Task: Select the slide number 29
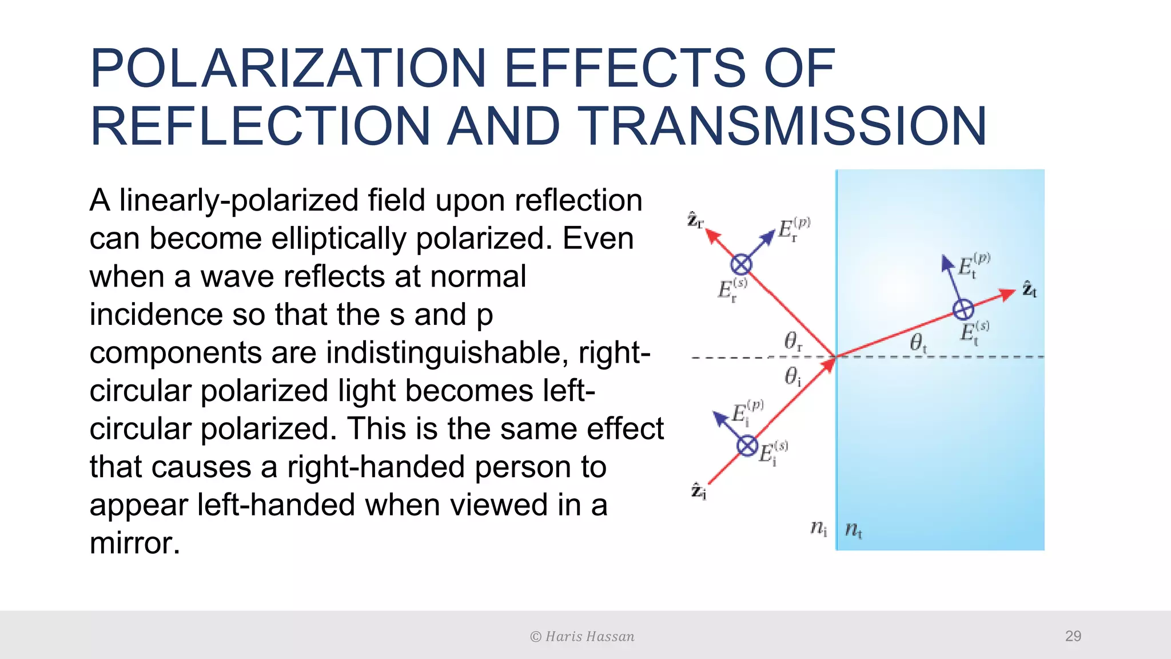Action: (x=1073, y=636)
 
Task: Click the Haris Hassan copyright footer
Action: (x=582, y=637)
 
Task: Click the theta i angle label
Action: (x=792, y=376)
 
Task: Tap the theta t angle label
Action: (x=918, y=343)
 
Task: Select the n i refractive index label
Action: (x=819, y=528)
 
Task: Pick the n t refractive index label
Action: (x=853, y=530)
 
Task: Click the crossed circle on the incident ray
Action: (x=747, y=446)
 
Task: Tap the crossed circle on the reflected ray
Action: (x=741, y=264)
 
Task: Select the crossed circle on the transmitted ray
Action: (x=963, y=309)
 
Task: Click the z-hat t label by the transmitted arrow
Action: (x=1029, y=289)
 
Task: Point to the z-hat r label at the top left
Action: (x=695, y=221)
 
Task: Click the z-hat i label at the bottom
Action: (x=699, y=491)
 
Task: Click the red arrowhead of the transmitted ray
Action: (x=1007, y=294)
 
